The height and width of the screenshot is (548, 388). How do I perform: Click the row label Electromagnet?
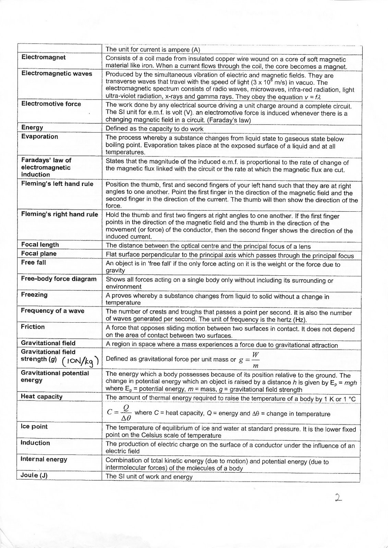[x=44, y=57]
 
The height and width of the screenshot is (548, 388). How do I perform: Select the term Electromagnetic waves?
[x=57, y=73]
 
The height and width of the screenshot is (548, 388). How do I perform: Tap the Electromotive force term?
[x=51, y=104]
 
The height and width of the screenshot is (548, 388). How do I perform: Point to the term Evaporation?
[x=39, y=137]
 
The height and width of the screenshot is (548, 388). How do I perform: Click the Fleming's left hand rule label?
[x=57, y=184]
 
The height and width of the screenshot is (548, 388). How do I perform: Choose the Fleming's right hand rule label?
[x=59, y=214]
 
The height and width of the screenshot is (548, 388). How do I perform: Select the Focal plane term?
[x=39, y=253]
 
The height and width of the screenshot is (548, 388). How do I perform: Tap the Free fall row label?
[x=33, y=262]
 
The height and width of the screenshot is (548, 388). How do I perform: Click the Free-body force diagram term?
[x=59, y=279]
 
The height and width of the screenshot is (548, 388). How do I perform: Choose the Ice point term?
[x=34, y=426]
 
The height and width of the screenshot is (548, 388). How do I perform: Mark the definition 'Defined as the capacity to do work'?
[x=154, y=129]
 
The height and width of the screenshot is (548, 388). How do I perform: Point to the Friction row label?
[x=33, y=327]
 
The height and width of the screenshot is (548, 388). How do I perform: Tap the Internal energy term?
[x=44, y=459]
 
